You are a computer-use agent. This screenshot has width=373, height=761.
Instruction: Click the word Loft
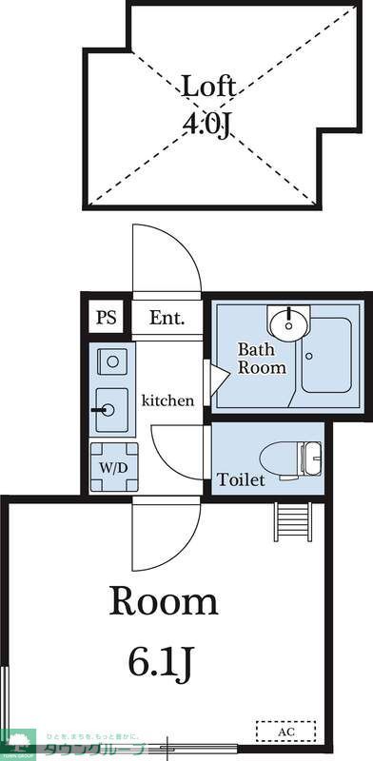206,88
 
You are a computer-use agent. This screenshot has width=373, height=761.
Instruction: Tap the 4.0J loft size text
206,125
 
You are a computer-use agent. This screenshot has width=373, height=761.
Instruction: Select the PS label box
106,318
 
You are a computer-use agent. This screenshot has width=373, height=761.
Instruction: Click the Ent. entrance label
167,318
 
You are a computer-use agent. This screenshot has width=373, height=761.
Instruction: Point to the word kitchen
168,400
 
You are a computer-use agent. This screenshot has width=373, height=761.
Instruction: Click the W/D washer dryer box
114,467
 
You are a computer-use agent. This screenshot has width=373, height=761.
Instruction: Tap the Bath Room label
262,358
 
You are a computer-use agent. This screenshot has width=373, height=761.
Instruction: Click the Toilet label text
241,479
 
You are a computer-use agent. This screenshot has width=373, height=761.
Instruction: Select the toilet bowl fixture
294,458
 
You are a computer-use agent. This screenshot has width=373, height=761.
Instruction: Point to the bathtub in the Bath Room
326,356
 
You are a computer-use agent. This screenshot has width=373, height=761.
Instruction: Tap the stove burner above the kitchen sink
113,361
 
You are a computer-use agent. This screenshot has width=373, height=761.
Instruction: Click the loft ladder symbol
293,521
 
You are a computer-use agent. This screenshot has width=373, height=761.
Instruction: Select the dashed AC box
285,732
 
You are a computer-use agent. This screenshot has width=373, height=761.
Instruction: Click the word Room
165,601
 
